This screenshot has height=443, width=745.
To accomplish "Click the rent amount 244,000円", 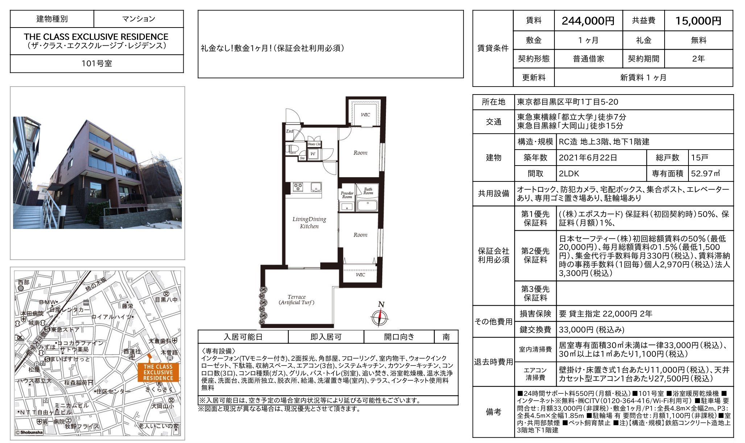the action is point(588,21).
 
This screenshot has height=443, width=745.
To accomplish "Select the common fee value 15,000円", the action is point(698,21).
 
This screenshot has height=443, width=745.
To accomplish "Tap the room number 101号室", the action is point(97,63).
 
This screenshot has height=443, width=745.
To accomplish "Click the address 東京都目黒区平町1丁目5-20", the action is point(567,102).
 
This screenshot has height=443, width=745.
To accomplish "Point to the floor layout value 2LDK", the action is point(569,174).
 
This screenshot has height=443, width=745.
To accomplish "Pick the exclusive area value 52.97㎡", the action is point(706,174).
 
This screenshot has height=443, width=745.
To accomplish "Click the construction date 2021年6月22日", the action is point(588,158).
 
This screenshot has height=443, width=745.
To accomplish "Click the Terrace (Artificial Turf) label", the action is point(296,300).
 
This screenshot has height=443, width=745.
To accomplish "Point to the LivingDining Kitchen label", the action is point(309,222).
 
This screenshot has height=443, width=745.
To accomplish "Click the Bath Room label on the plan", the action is point(368,191).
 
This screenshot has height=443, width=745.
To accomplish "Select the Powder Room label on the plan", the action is point(347,195).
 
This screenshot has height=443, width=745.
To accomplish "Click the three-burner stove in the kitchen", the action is point(298,187).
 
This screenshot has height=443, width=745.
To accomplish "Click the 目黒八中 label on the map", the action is point(166,300).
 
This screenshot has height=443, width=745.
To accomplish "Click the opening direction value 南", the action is point(446,337).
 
